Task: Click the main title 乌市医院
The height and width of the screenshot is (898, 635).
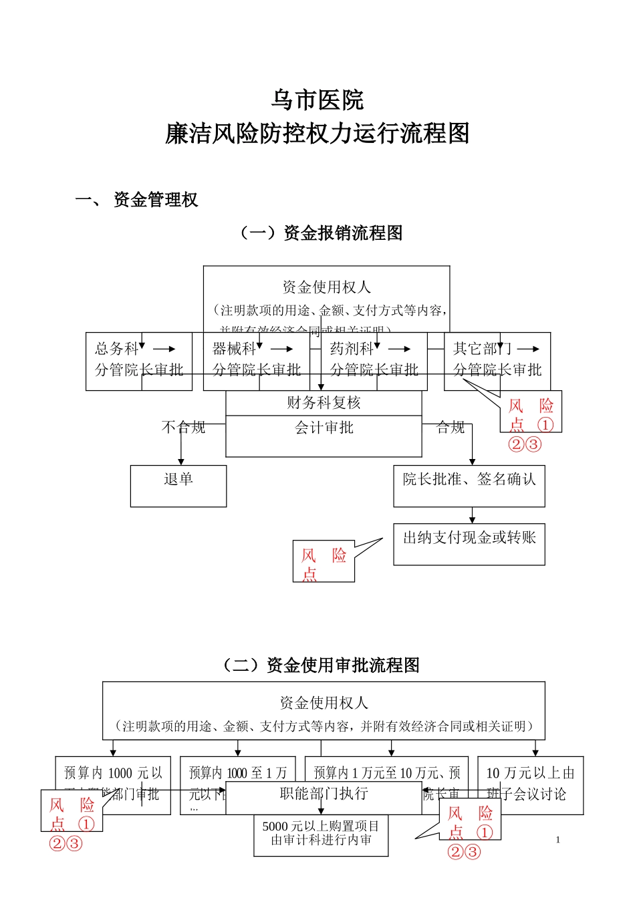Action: [x=317, y=100]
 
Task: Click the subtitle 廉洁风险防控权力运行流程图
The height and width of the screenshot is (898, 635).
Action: [x=317, y=134]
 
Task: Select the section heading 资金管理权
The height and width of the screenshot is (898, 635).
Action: [x=156, y=200]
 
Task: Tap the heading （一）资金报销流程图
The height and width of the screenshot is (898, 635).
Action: [x=321, y=233]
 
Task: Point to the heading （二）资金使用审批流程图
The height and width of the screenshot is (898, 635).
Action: [x=321, y=665]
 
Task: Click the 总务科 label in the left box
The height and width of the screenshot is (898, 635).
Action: [x=116, y=349]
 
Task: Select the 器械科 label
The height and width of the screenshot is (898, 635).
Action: [x=234, y=349]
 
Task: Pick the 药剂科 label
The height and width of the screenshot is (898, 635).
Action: [x=352, y=349]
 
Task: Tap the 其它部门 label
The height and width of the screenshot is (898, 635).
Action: [x=482, y=349]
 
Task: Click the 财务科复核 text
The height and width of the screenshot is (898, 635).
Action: [x=324, y=403]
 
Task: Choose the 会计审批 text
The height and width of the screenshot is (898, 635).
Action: [x=324, y=428]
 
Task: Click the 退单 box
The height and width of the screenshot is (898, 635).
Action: [x=178, y=486]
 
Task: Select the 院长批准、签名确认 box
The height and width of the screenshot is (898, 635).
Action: [x=469, y=486]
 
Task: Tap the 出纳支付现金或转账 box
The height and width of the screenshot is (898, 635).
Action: [x=469, y=544]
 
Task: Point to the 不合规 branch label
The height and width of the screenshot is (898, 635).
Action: [x=183, y=428]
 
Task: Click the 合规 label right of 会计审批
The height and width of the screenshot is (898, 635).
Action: [x=450, y=428]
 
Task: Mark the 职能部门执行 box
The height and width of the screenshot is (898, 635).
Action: [x=324, y=794]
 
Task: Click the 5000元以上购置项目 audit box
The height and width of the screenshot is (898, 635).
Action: [x=321, y=835]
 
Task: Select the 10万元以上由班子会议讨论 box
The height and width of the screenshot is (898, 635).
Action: [x=530, y=784]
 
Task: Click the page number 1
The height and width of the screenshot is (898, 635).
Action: [x=558, y=841]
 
